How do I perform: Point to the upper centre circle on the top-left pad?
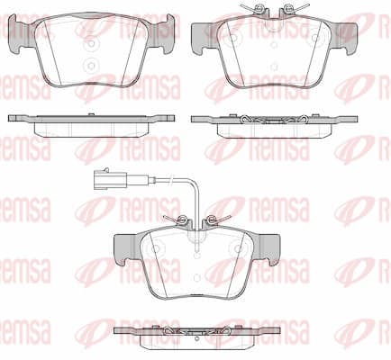[92, 44]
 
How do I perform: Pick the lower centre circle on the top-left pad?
[92, 65]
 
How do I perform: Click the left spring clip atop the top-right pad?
[258, 8]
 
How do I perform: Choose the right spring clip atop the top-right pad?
[291, 8]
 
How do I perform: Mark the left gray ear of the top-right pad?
[205, 38]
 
